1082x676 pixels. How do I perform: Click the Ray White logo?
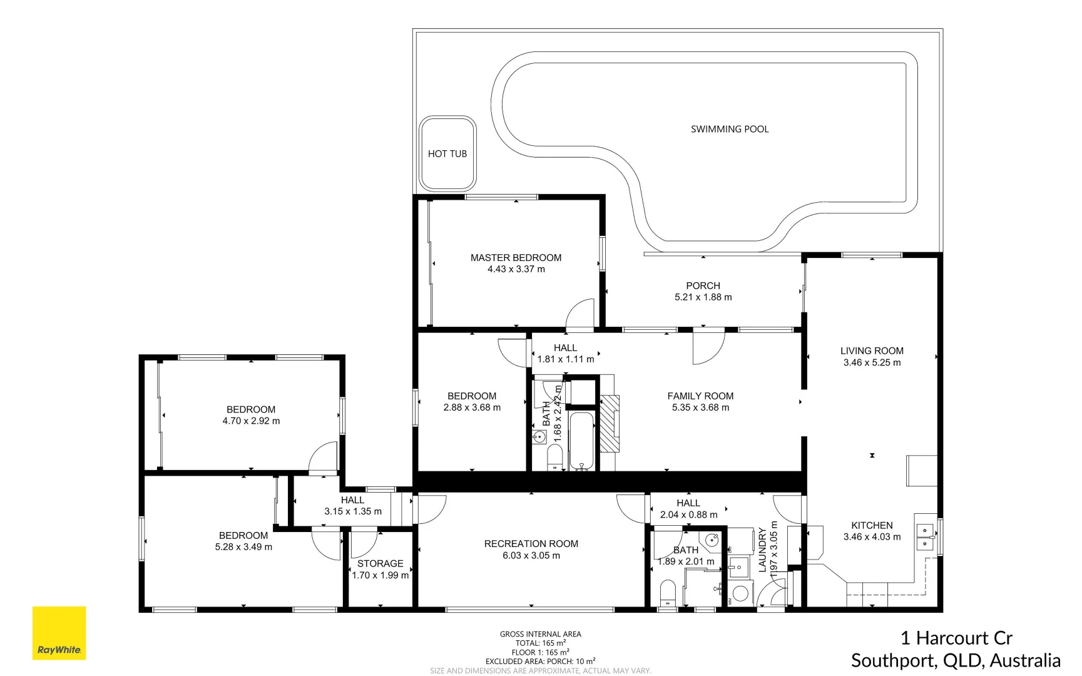59,633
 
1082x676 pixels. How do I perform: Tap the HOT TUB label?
447,154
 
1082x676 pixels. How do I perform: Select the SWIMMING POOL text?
729,129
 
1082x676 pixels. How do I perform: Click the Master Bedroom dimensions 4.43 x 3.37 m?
516,269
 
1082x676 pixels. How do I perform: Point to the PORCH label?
703,285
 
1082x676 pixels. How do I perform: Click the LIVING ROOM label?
871,351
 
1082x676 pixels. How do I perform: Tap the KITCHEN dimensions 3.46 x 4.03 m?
871,537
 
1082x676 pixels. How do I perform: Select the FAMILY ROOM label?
700,396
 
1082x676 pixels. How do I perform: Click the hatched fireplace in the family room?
610,423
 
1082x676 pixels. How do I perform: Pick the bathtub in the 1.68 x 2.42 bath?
582,440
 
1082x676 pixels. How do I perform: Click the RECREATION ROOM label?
531,544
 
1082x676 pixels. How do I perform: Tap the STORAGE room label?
380,564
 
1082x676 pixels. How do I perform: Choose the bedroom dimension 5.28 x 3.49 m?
243,547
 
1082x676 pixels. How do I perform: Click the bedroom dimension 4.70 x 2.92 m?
251,421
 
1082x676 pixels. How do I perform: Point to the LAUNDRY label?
762,550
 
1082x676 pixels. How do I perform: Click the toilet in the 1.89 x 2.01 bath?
668,593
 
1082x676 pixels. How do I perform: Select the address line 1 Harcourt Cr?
956,638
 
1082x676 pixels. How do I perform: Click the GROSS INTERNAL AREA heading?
540,634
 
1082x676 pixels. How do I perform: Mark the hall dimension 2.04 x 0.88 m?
688,515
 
